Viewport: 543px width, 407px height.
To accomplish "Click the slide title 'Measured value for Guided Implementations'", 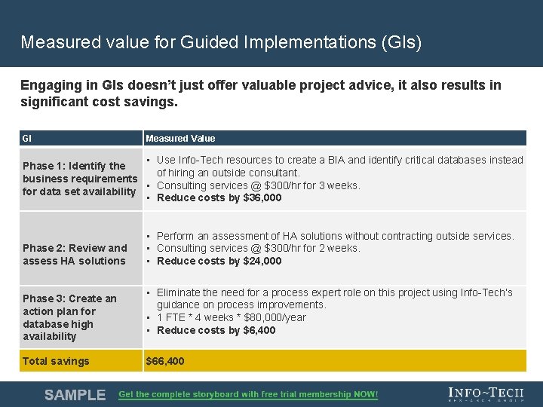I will (x=221, y=42).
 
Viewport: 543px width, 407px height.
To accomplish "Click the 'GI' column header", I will (x=27, y=139).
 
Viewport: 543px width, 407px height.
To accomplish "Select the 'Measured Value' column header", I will (x=180, y=139).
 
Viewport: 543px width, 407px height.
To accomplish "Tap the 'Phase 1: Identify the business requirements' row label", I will (x=79, y=179).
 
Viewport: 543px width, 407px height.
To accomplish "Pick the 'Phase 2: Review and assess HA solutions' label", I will (x=75, y=255).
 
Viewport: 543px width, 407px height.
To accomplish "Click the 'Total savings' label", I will (x=56, y=361).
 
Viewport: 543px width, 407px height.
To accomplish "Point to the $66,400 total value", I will (x=164, y=361).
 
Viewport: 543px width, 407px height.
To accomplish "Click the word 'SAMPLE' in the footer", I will (x=75, y=394).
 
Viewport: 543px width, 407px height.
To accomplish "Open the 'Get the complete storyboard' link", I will (x=248, y=394).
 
